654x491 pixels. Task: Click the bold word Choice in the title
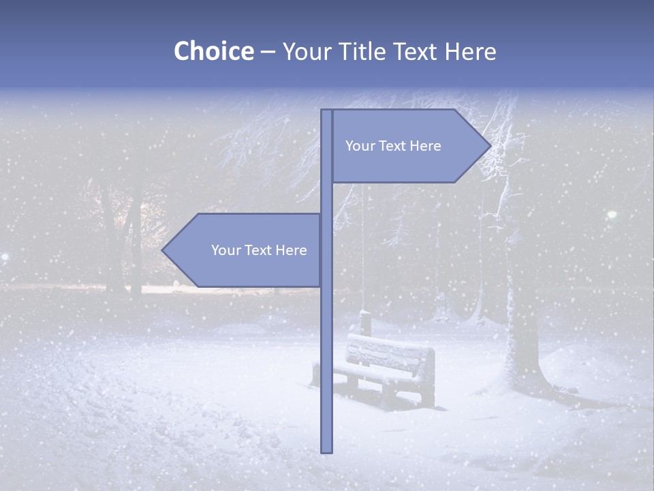[213, 51]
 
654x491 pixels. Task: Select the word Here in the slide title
[470, 51]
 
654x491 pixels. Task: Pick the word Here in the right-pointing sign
[425, 146]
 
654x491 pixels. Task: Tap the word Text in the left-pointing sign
[259, 250]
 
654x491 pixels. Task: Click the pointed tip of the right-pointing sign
[489, 145]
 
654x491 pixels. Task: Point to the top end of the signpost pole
[326, 111]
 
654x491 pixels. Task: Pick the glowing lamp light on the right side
[612, 215]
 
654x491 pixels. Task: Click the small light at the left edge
[4, 256]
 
